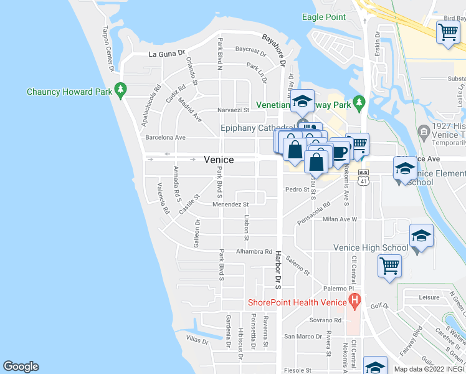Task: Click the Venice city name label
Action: tap(219, 160)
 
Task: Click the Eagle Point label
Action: tap(325, 17)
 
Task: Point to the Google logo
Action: tap(21, 367)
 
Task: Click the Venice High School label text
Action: tap(371, 247)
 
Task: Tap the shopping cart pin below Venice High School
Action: tap(389, 266)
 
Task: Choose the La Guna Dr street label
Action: tap(167, 54)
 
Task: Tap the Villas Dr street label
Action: tap(197, 340)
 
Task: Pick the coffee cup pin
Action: tap(340, 152)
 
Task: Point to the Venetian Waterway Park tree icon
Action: tap(358, 102)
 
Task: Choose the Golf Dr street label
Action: tap(379, 306)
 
